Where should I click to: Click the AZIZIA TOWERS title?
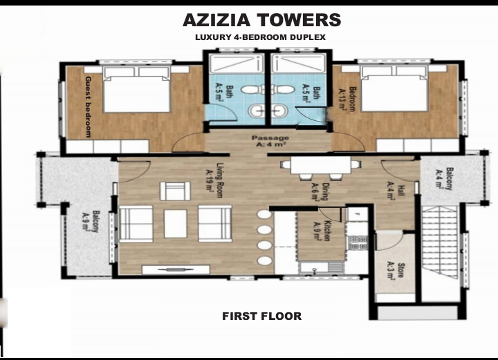click(262, 20)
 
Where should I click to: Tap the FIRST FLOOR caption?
click(261, 316)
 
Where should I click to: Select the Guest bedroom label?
click(89, 106)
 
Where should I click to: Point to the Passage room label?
click(270, 141)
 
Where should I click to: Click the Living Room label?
click(214, 180)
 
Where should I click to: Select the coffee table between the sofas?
click(175, 224)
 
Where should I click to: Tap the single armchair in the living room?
click(175, 191)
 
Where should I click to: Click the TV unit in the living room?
click(176, 269)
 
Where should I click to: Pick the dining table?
click(321, 165)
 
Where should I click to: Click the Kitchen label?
click(322, 230)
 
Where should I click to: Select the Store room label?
click(396, 270)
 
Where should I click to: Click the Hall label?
click(396, 190)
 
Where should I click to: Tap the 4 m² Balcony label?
click(444, 178)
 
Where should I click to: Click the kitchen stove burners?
click(358, 243)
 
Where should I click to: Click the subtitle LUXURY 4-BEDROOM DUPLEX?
click(261, 37)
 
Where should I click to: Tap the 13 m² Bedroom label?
click(347, 99)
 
